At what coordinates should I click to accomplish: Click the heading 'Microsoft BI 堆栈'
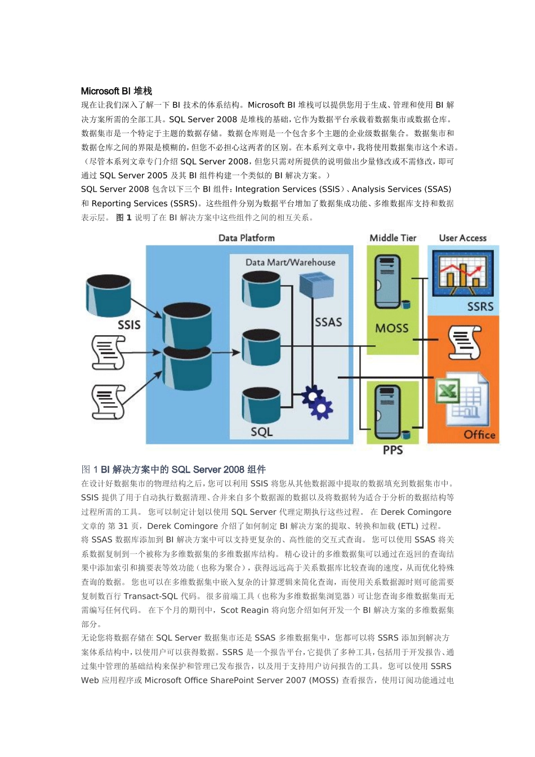[x=117, y=91]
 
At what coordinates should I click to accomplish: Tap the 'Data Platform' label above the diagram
[x=247, y=238]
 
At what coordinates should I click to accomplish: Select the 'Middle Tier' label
[x=393, y=238]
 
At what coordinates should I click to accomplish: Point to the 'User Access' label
[x=462, y=238]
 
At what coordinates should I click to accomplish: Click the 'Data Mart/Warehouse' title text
[x=290, y=262]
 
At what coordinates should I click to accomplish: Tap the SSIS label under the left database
[x=129, y=325]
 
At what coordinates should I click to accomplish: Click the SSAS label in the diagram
[x=328, y=322]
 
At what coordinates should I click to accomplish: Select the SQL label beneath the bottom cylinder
[x=261, y=431]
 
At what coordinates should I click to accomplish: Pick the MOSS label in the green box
[x=392, y=328]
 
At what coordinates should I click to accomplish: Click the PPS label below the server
[x=393, y=450]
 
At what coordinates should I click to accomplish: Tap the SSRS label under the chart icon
[x=480, y=306]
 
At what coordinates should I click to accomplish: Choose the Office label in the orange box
[x=479, y=434]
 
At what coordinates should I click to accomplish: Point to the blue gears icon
[x=316, y=402]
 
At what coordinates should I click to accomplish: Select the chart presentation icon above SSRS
[x=462, y=273]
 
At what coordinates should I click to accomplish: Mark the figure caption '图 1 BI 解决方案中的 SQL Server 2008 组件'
[x=173, y=469]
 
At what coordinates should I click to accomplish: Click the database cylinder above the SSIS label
[x=108, y=296]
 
